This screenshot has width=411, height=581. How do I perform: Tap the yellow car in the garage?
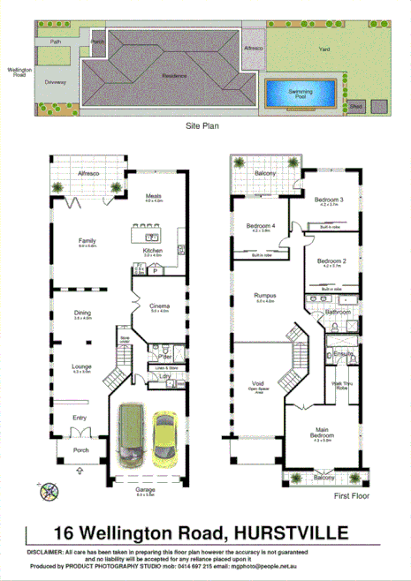(x=164, y=439)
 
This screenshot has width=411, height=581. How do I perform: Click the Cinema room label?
(x=160, y=306)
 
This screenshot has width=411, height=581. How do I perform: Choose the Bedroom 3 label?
(x=329, y=200)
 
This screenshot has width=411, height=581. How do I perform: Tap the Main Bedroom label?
(x=321, y=434)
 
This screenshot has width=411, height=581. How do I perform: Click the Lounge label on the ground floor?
(x=82, y=367)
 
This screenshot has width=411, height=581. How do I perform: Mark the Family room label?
(x=87, y=240)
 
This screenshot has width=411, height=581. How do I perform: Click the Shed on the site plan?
(x=355, y=106)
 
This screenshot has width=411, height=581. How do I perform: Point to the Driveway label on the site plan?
(x=54, y=80)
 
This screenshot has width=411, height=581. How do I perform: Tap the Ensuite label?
(x=343, y=354)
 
